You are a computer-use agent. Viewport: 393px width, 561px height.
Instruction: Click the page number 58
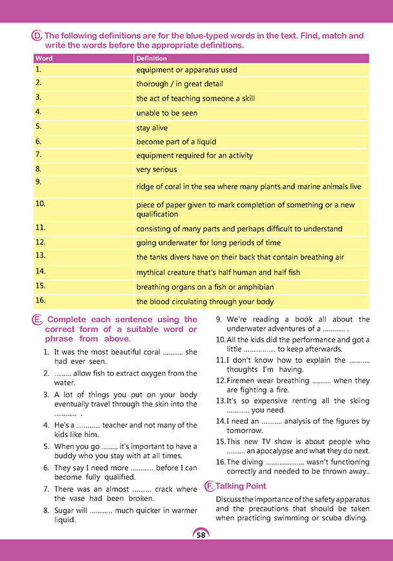201,535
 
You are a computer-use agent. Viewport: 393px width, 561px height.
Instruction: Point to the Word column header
44,58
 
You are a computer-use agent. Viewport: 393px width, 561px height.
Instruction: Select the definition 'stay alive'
152,128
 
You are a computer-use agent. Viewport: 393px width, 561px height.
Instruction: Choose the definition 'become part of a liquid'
176,142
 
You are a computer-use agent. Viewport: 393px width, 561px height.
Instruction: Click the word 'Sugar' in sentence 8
65,510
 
